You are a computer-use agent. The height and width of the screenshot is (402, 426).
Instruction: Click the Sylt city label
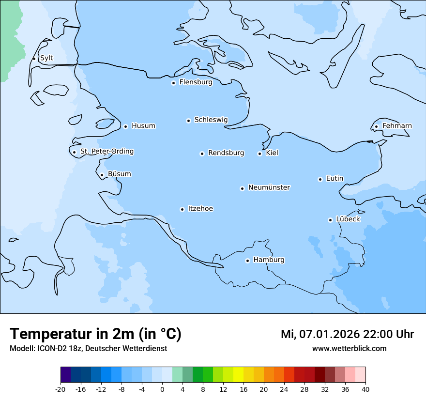[46, 58]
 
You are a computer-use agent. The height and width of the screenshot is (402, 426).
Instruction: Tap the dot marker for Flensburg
[173, 83]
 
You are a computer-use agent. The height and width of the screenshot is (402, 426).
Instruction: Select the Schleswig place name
[211, 120]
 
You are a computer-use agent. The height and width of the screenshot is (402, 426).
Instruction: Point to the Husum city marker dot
[125, 126]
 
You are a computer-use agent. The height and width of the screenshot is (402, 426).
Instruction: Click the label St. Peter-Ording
[106, 152]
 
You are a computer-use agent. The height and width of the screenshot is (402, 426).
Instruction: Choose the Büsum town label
[119, 174]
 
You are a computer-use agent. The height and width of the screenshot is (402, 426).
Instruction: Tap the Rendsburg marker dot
[202, 154]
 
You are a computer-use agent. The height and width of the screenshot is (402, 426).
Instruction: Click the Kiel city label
[272, 153]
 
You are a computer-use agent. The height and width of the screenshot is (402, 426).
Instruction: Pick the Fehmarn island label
[397, 126]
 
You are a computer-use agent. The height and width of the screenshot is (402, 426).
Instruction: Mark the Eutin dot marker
[320, 179]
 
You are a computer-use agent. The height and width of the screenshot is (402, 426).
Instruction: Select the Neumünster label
[269, 187]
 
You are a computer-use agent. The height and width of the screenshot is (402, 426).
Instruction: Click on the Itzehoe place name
[200, 209]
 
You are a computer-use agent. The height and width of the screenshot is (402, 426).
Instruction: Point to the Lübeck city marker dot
[330, 220]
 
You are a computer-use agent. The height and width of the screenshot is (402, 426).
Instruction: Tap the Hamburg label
[269, 260]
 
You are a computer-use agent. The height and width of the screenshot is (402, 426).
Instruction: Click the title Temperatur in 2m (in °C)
[95, 334]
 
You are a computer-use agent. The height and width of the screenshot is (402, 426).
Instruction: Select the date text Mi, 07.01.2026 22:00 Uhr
[347, 334]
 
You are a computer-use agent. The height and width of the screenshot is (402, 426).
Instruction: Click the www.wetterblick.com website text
[349, 348]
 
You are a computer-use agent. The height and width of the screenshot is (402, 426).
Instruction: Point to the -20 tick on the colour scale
[61, 389]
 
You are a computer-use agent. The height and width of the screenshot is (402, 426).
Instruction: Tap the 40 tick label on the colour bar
[365, 389]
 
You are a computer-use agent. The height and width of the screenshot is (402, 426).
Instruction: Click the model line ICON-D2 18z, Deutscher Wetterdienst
[88, 348]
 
